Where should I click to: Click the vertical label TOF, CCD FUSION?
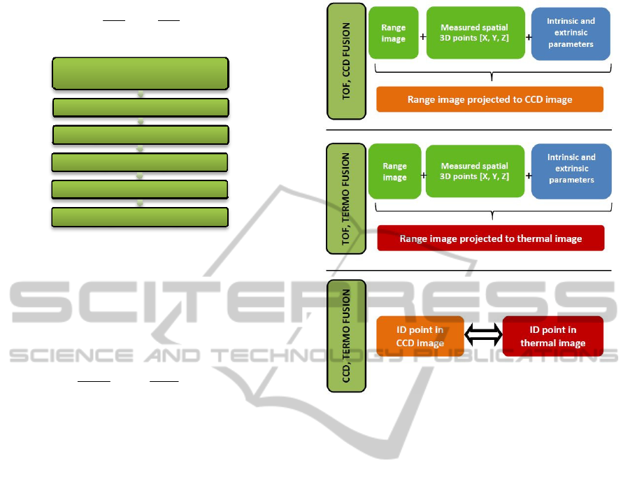346,61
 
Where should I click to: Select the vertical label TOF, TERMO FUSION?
346,198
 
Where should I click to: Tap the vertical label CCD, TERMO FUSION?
346,335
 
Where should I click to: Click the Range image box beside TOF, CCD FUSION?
394,33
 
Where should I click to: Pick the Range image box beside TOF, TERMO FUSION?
394,171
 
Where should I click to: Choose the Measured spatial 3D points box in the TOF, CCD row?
475,33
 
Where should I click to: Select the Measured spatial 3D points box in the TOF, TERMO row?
475,171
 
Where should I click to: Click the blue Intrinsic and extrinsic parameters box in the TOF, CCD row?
571,33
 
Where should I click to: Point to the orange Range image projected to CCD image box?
489,99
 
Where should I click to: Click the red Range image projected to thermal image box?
490,239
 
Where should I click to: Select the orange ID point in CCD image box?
420,336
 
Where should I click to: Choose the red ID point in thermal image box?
552,336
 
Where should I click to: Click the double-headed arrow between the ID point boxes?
484,336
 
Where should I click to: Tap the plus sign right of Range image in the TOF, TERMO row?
424,176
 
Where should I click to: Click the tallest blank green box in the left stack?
141,73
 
